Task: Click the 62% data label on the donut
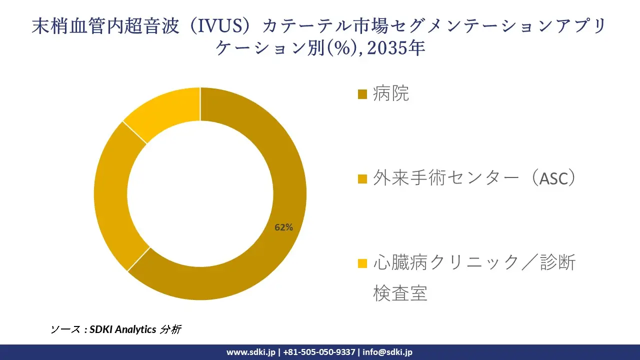coord(283,227)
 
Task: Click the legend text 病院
coord(391,93)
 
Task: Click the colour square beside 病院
coord(363,94)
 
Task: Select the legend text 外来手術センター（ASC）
coord(474,178)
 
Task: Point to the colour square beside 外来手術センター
coord(363,178)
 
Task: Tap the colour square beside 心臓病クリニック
coord(363,263)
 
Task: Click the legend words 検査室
coord(400,293)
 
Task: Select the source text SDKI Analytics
coord(123,329)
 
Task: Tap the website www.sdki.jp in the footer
coord(251,352)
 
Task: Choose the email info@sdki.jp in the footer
coord(387,352)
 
